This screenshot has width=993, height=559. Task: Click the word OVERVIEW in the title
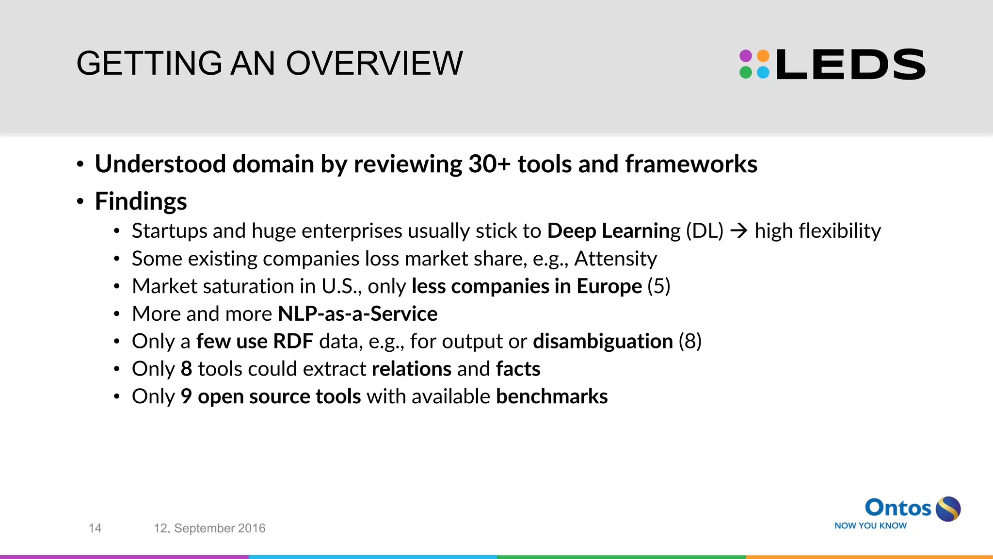click(374, 64)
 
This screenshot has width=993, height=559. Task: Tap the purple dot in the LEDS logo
click(746, 56)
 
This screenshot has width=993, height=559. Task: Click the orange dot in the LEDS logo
click(763, 56)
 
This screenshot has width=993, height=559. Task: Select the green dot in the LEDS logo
click(746, 73)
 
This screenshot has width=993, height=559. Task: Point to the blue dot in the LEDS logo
click(763, 73)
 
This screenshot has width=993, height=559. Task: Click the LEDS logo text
click(850, 65)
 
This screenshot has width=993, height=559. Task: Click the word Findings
click(141, 201)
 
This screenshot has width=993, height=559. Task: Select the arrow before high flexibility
click(739, 231)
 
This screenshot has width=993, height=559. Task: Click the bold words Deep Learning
click(613, 231)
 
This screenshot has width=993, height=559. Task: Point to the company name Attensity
click(615, 259)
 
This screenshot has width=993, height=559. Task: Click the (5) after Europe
click(659, 286)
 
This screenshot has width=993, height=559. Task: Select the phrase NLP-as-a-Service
click(357, 314)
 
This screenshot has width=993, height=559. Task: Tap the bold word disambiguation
click(603, 342)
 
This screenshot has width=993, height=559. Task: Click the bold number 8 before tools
click(186, 369)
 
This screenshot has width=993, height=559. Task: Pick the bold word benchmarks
click(551, 397)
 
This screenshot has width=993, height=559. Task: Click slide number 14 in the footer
click(95, 528)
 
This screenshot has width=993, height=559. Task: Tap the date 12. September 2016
click(209, 528)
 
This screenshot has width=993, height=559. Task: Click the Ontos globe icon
click(948, 509)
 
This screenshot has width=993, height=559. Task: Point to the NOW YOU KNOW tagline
click(870, 526)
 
